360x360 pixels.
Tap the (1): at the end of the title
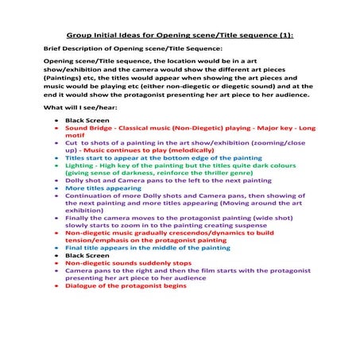coord(287,36)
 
